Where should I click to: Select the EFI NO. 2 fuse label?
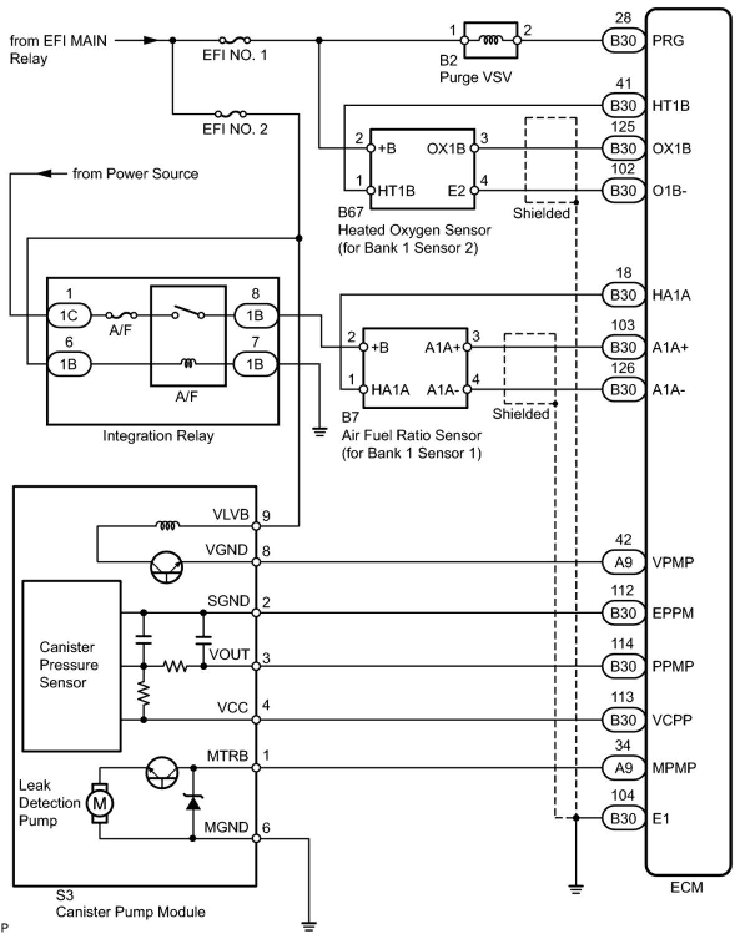point(235,129)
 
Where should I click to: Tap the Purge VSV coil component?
point(491,40)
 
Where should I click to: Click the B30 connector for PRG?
point(623,41)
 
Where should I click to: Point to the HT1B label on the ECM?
point(671,105)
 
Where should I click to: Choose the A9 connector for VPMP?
point(623,562)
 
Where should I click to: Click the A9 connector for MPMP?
point(623,768)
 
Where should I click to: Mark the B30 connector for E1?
point(623,818)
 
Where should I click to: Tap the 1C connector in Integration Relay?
point(69,315)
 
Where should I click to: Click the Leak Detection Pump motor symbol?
point(99,803)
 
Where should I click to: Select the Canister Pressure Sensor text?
point(68,665)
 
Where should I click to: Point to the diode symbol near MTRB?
point(193,803)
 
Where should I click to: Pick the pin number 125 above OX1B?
point(623,127)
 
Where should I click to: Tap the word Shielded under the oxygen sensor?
point(541,213)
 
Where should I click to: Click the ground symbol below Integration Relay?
point(319,431)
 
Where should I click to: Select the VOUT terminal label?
point(229,655)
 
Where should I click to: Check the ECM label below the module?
point(686,887)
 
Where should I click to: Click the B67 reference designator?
point(350,212)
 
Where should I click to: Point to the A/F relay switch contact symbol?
point(188,313)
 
